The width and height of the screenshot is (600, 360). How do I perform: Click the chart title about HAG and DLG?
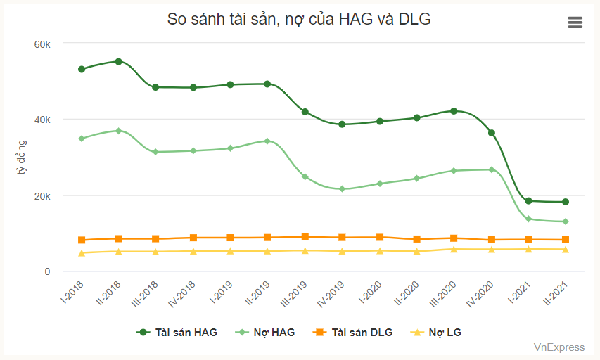pos(299,20)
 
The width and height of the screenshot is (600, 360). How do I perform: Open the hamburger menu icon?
pos(575,22)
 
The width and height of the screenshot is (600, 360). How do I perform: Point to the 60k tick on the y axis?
pos(42,44)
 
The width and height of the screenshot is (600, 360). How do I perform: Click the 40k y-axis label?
pos(42,120)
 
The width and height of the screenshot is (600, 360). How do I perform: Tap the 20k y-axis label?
pos(42,195)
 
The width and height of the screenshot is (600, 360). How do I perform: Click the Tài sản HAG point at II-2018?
pos(119,61)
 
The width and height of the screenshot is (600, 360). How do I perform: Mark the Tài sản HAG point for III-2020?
pos(454,111)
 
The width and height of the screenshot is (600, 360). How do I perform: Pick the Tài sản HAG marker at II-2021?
pos(566,202)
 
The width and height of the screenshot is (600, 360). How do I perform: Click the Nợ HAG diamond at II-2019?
pos(267,141)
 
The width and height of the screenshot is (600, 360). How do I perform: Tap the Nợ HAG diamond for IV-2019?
pos(342,189)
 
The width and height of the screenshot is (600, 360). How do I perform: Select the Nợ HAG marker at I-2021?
pos(528,219)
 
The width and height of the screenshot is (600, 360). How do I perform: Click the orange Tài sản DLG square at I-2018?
pos(82,240)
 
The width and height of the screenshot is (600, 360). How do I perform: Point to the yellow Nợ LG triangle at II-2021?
pos(566,250)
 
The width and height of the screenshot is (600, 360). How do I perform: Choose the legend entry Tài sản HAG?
pos(177,332)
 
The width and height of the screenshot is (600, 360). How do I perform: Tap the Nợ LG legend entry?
pos(436,332)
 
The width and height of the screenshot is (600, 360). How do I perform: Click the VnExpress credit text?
pos(558,347)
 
